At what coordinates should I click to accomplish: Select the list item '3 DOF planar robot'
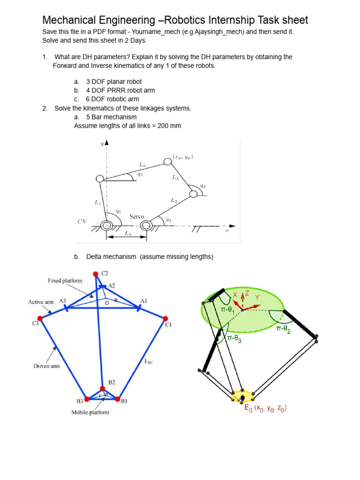tap(113, 82)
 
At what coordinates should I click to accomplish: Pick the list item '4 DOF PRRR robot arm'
tap(120, 90)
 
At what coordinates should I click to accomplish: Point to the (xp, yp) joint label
tap(184, 156)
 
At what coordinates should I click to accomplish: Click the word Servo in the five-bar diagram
tap(137, 217)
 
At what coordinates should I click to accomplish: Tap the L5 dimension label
tap(127, 232)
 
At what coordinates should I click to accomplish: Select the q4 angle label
tap(202, 186)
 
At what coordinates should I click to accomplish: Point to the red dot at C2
tap(96, 274)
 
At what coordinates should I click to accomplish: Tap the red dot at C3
tap(40, 319)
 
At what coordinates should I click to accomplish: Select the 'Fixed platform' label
tap(65, 281)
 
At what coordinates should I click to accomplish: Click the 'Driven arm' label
tap(47, 366)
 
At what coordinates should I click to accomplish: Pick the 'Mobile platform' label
tap(90, 412)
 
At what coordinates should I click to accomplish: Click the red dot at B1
tap(118, 399)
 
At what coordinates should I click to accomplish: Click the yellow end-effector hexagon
tap(243, 396)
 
